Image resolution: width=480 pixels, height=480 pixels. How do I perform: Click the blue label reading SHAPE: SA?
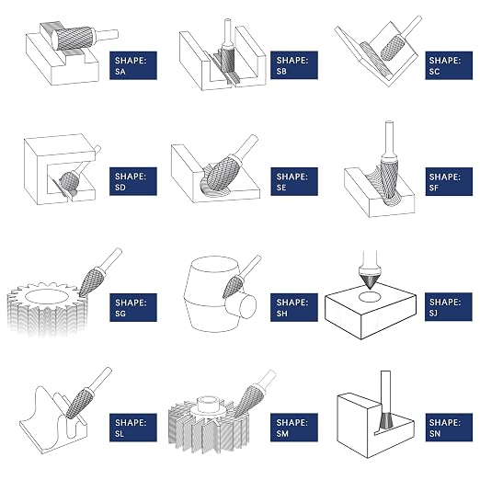point(133,65)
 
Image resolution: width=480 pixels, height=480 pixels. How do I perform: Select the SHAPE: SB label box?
point(294,65)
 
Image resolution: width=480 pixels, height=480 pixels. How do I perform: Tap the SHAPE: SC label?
point(449,65)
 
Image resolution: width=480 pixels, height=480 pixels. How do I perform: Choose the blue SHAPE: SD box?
point(133,181)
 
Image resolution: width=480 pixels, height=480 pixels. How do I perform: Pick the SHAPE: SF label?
point(449,181)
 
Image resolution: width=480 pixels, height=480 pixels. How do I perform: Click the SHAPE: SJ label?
point(449,307)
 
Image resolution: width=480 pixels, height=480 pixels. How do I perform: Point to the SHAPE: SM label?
point(294,428)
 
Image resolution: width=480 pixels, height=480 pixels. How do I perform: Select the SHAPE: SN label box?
point(449,428)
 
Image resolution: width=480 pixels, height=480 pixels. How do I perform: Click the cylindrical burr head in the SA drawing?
point(74,39)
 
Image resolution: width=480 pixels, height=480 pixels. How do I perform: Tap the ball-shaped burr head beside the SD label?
point(69,181)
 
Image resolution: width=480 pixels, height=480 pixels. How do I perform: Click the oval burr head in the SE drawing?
point(223,172)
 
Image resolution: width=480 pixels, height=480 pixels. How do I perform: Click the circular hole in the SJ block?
point(369,297)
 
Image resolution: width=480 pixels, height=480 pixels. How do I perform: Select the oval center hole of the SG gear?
point(46,297)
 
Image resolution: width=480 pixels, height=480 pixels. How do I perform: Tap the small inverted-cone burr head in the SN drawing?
point(385,420)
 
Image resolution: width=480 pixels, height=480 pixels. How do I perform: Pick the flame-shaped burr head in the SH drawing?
point(233,286)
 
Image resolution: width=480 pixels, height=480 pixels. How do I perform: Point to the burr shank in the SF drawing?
point(389,138)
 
